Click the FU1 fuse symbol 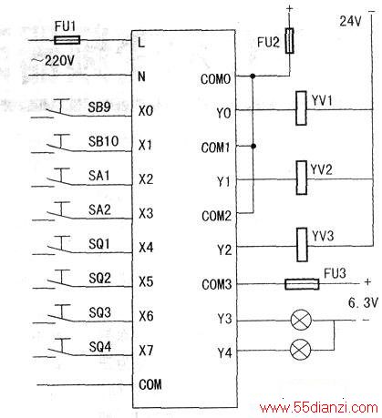pos(67,40)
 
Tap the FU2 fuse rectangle pos(289,41)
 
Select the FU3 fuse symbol pos(302,284)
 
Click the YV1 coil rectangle pos(301,108)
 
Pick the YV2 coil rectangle pos(302,178)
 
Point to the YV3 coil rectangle pos(302,245)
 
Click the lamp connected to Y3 pos(301,320)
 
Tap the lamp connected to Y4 pos(301,350)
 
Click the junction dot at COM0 pos(253,76)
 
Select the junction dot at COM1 pos(253,146)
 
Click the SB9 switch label pos(99,107)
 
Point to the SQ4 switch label pos(100,346)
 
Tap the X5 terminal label pos(146,281)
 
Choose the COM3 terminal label pos(217,284)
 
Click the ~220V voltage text pos(53,61)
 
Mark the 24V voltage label pos(350,21)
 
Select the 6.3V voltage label pos(363,302)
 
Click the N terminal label pos(141,76)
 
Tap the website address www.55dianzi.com pos(319,407)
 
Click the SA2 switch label pos(99,209)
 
